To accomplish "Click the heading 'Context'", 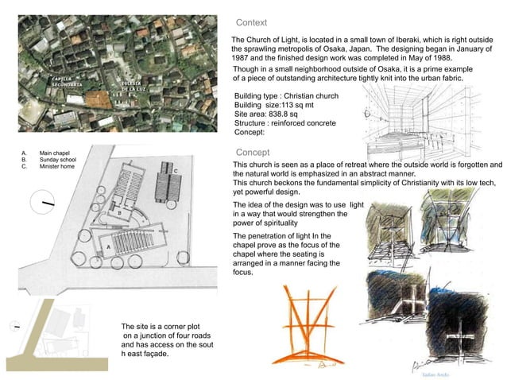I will tap(251, 23).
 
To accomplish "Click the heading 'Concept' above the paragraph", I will tap(253, 152).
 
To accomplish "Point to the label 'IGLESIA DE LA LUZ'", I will tap(132, 86).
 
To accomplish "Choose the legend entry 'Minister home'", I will tap(57, 167).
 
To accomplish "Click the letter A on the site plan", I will tap(107, 248).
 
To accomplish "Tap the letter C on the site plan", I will tap(176, 170).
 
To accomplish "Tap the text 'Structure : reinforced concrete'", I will tap(285, 123).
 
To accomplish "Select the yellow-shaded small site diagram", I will tap(56, 339).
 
